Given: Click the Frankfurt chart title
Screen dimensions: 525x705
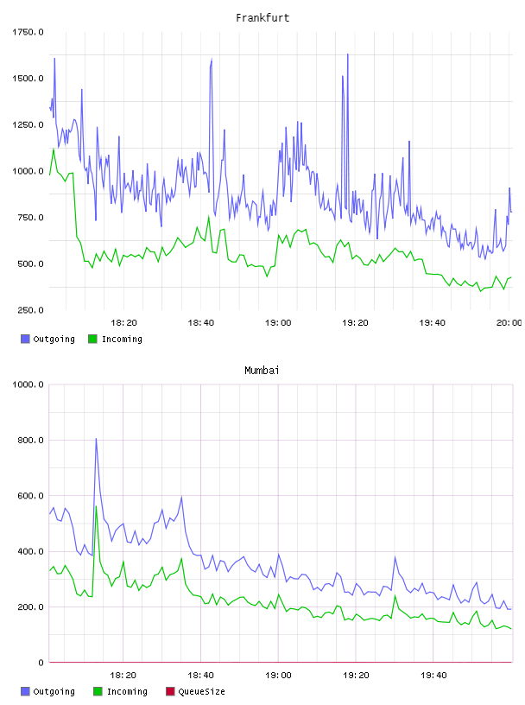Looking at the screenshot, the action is pyautogui.click(x=262, y=18).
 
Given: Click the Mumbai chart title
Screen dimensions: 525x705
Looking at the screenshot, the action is pyautogui.click(x=262, y=371).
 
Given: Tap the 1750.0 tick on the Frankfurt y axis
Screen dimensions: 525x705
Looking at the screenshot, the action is pyautogui.click(x=28, y=32).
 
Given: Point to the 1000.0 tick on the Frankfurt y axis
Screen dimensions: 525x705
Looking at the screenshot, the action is pyautogui.click(x=28, y=171).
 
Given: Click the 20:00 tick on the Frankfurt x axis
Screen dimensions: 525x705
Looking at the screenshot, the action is pyautogui.click(x=509, y=323).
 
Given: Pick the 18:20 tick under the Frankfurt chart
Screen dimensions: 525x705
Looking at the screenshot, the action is pyautogui.click(x=123, y=323).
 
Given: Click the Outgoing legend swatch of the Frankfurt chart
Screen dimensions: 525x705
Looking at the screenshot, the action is pyautogui.click(x=25, y=339).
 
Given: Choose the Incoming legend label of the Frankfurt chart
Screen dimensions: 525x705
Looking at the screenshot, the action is pyautogui.click(x=122, y=340).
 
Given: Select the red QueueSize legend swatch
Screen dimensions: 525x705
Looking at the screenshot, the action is pyautogui.click(x=170, y=691).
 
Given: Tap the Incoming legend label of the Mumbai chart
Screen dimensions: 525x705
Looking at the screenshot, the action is pyautogui.click(x=127, y=692).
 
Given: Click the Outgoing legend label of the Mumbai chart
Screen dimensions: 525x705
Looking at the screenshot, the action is pyautogui.click(x=54, y=692).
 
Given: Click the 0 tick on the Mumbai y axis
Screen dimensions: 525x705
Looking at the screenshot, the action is pyautogui.click(x=41, y=663).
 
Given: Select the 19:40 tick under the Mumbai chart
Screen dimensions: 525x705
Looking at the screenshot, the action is pyautogui.click(x=433, y=676).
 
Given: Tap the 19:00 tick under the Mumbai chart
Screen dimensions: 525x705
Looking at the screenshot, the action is pyautogui.click(x=278, y=676).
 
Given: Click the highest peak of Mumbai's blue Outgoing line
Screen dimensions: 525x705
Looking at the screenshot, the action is pyautogui.click(x=96, y=439).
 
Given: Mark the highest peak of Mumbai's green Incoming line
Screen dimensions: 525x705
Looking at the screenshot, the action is pyautogui.click(x=96, y=506).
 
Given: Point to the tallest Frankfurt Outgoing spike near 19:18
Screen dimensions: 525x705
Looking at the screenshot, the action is pyautogui.click(x=347, y=54).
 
